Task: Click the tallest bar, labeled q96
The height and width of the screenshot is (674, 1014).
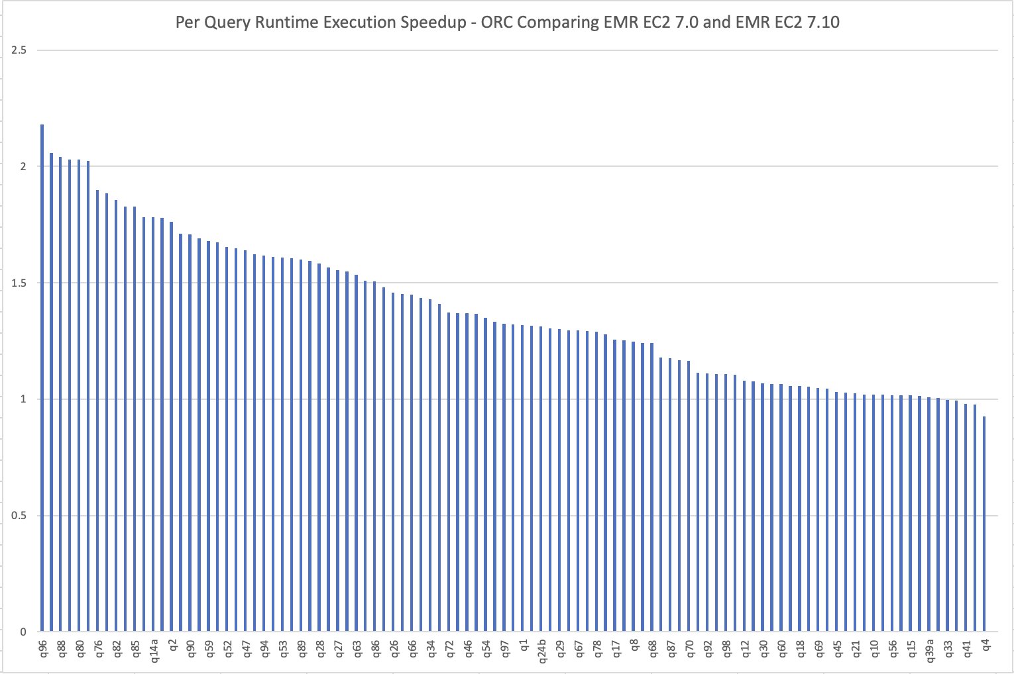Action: coord(42,377)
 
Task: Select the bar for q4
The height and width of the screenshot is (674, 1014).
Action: coord(984,523)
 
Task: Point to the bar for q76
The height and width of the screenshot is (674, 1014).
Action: coord(97,410)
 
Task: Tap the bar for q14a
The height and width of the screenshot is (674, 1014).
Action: coord(153,424)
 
